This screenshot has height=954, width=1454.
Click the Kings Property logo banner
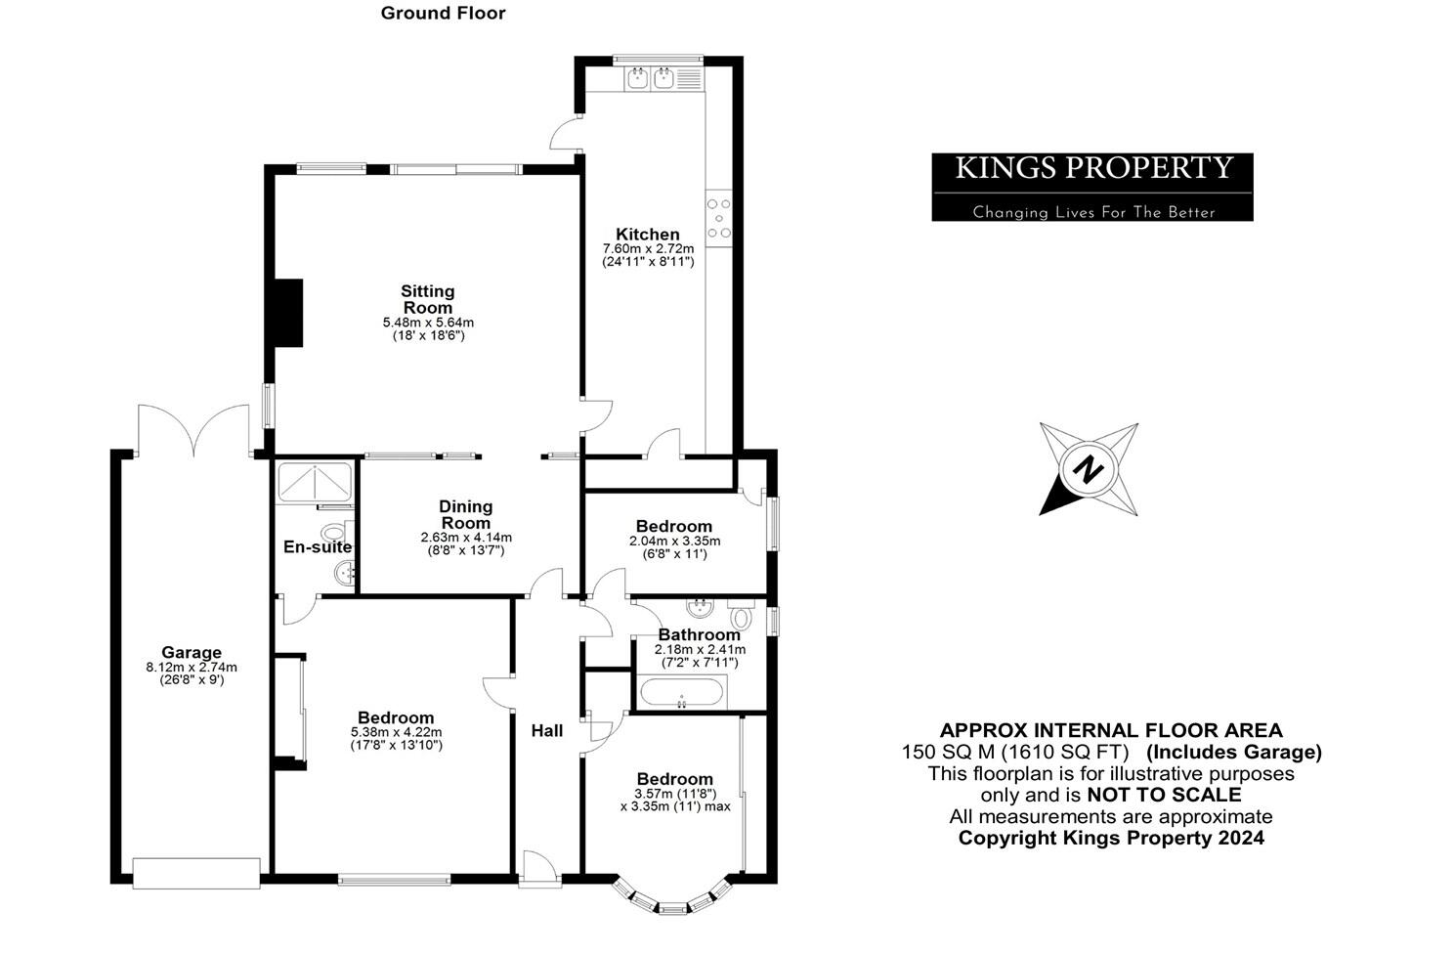tap(1091, 187)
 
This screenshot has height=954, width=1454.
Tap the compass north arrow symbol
tap(1088, 469)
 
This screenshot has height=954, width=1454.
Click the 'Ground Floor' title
tap(443, 14)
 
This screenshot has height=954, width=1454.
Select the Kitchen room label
tap(647, 235)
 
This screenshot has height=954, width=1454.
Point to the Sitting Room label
tap(428, 299)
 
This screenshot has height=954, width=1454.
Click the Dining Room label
tap(465, 514)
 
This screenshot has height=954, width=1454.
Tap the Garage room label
tap(192, 653)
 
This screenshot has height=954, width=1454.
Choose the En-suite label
tap(317, 547)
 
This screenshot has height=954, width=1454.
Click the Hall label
tap(546, 731)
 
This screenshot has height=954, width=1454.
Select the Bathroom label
tap(699, 635)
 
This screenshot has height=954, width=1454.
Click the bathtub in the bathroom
tap(681, 693)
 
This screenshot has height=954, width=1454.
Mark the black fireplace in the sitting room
tap(287, 313)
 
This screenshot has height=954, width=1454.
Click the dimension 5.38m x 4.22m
tap(396, 732)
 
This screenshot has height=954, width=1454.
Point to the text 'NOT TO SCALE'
tap(1164, 795)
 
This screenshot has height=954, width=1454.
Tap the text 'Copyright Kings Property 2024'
tap(1110, 838)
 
